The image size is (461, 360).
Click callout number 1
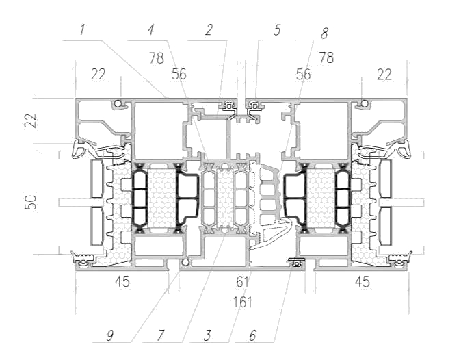point(82,30)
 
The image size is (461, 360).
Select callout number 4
point(151,30)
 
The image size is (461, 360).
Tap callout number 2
point(209,30)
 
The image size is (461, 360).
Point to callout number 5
point(277,30)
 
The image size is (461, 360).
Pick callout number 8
point(324,34)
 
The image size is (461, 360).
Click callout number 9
point(109,335)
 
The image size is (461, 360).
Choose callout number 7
point(160,335)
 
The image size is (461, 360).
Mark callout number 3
point(207,335)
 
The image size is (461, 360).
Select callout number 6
point(252,335)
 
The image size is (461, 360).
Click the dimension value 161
point(243,302)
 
